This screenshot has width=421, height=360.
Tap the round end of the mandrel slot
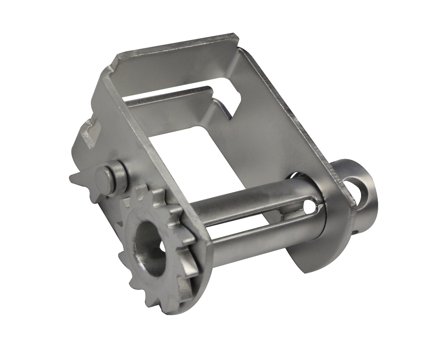click(x=309, y=205)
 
